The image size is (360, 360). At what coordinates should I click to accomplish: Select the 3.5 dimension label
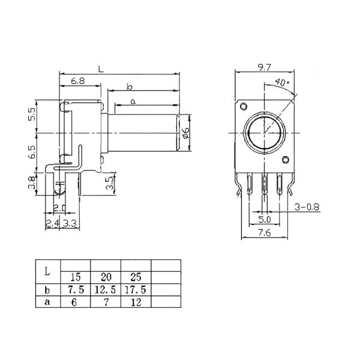[109, 183]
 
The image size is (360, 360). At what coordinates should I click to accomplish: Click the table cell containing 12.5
[105, 289]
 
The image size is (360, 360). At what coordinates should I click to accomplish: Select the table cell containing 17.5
[136, 289]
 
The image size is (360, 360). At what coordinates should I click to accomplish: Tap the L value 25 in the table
[136, 278]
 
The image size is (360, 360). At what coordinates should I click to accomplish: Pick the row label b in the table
[47, 289]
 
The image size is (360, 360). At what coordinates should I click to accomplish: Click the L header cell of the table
[47, 271]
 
